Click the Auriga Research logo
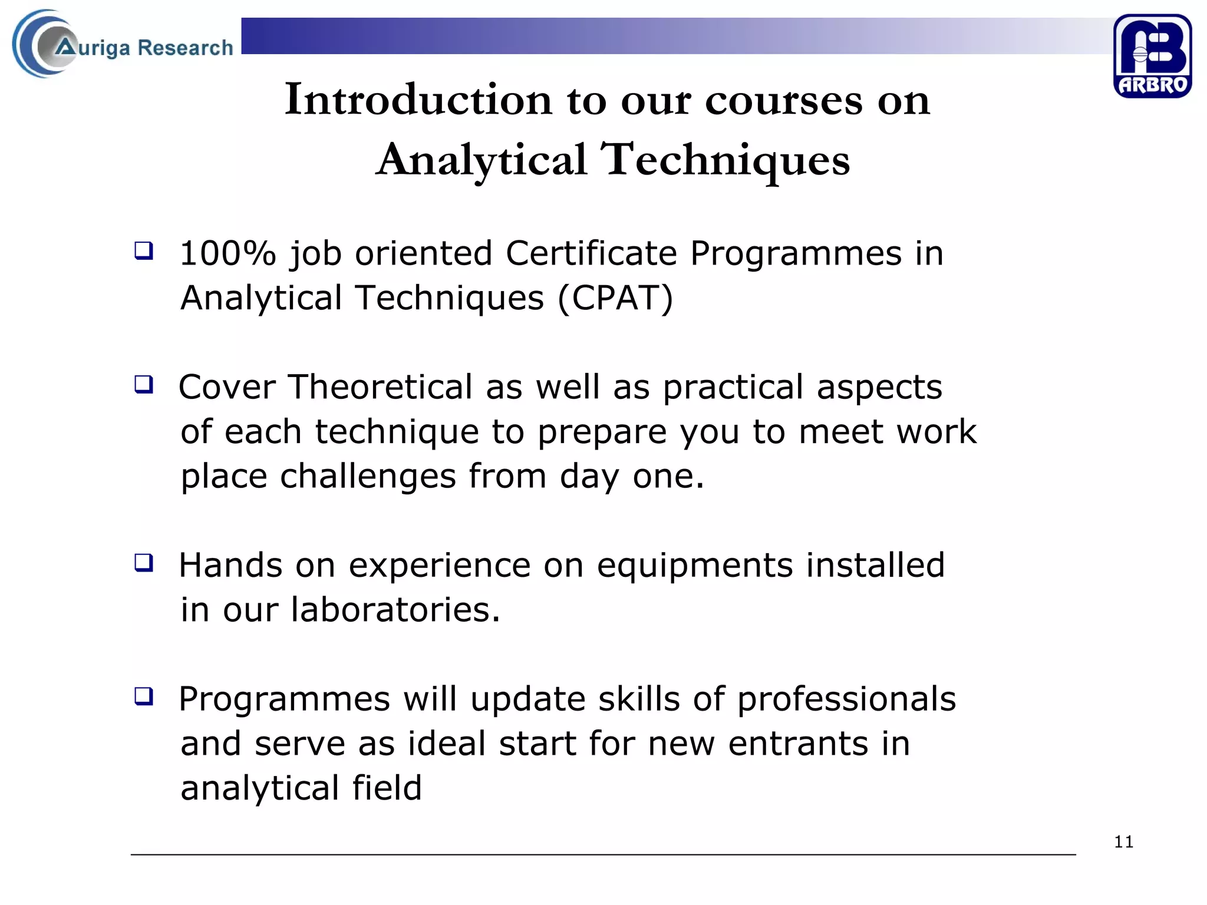(123, 45)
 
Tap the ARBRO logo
(1152, 56)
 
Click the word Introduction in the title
(418, 100)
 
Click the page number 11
(1123, 842)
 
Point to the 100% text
(227, 254)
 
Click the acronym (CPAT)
(615, 298)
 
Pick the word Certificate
(591, 254)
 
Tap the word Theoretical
(380, 388)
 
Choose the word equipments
(694, 566)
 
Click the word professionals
(846, 699)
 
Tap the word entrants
(798, 744)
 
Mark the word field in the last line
(387, 788)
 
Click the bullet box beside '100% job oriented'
(144, 250)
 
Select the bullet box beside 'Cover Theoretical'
(144, 384)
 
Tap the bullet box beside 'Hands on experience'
(144, 563)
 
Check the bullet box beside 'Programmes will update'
(144, 696)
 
